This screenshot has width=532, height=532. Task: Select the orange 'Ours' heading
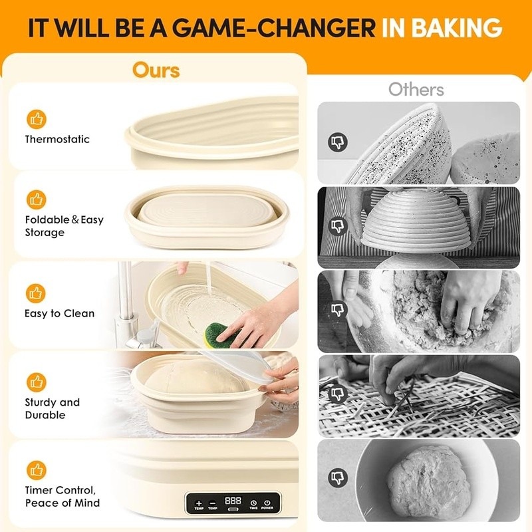pos(156,69)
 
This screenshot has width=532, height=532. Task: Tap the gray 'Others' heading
pos(416,89)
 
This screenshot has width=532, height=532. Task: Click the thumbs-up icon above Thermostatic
pos(36,119)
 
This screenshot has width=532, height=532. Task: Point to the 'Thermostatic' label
pos(57,139)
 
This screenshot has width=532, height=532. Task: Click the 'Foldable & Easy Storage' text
pos(64,226)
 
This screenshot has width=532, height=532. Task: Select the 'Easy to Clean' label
pos(60,313)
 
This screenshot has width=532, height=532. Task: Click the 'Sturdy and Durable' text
pos(52,408)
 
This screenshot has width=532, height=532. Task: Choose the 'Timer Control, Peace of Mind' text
pos(63,496)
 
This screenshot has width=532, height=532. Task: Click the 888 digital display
pos(233,500)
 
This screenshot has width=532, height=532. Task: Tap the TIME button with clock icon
pos(253,503)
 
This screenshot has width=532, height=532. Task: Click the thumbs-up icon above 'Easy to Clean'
pos(36,293)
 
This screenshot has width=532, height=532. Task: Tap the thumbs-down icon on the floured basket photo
pos(338,142)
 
